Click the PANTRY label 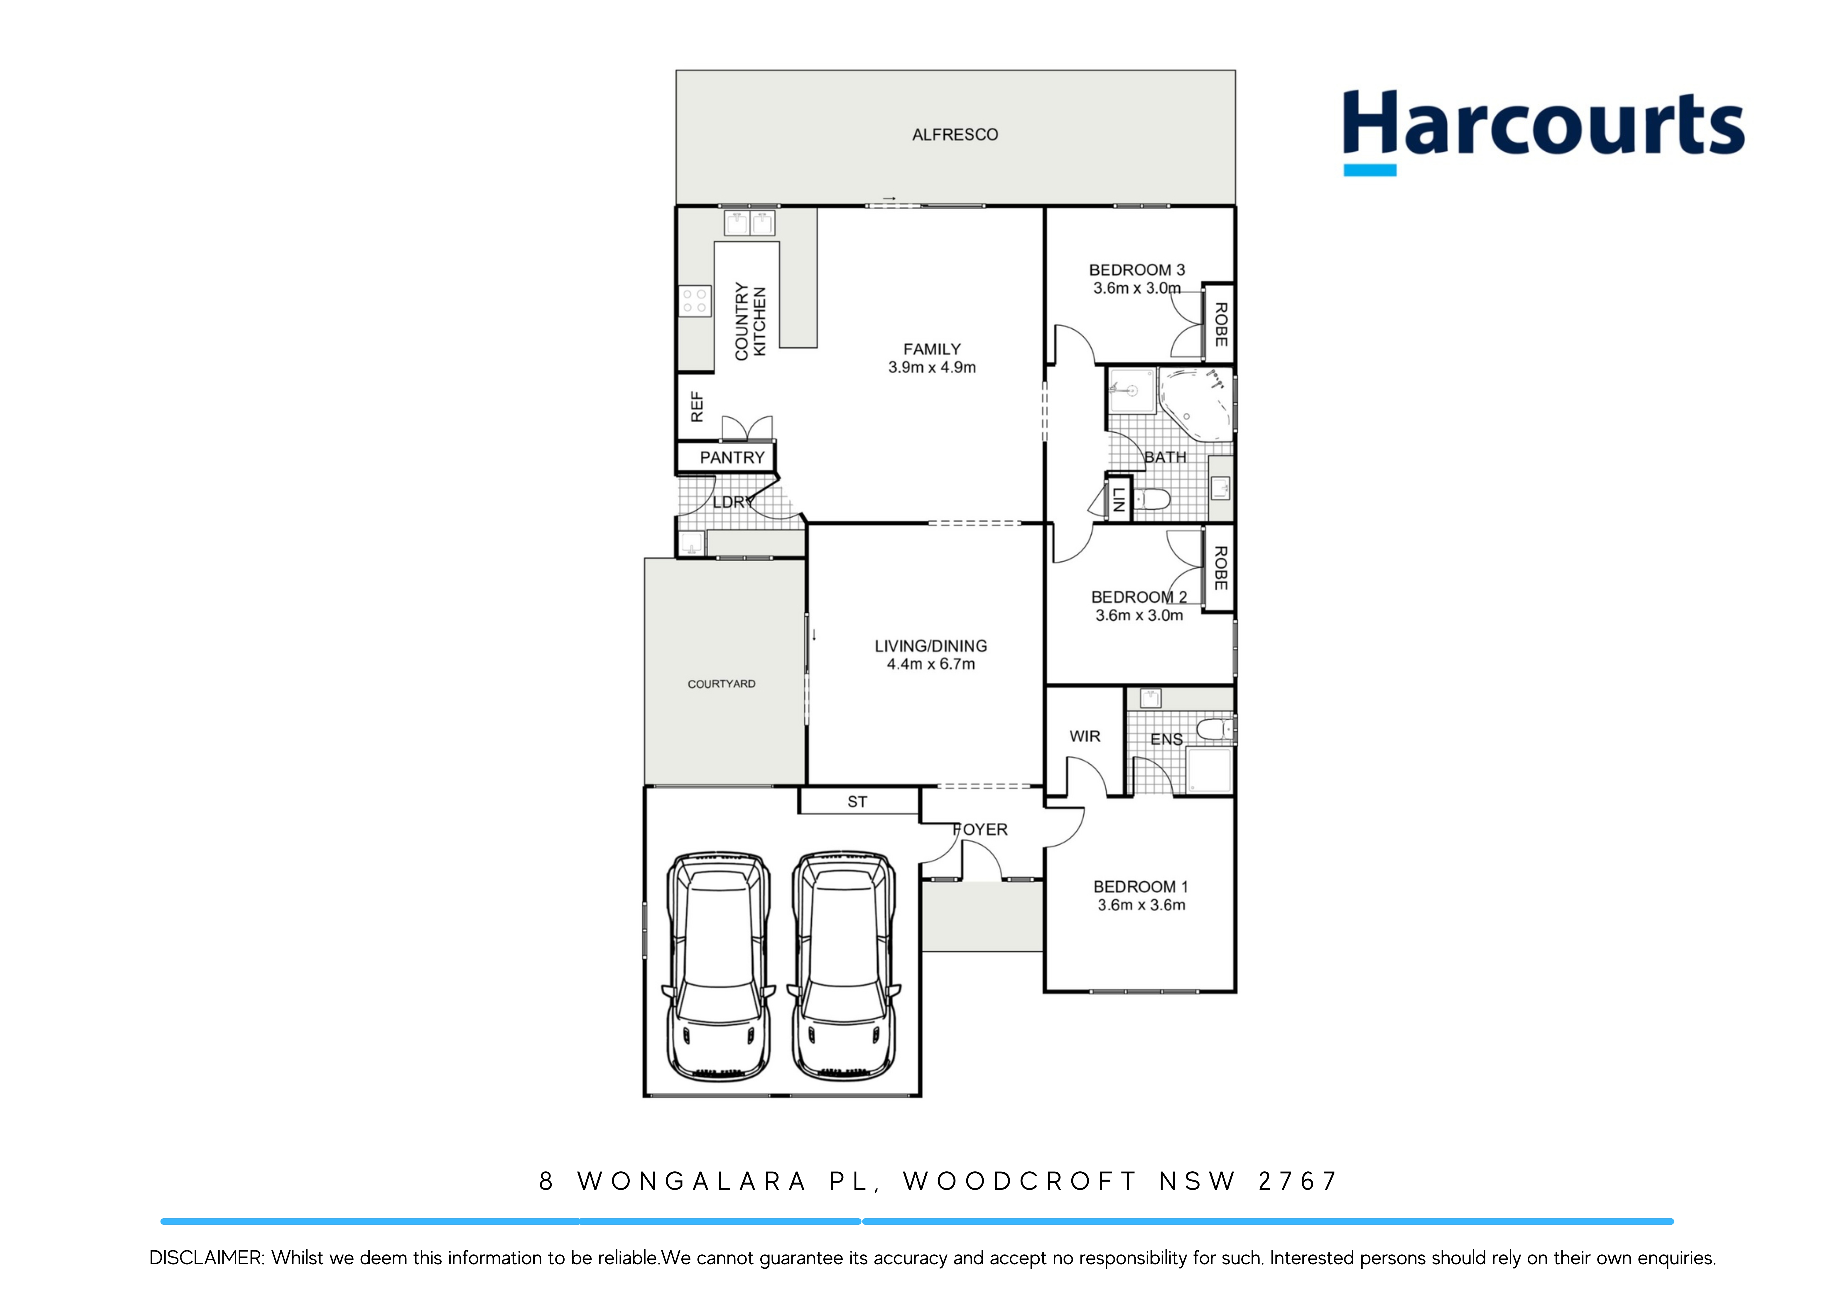coord(732,458)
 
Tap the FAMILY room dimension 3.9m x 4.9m coord(931,367)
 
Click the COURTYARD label coord(721,684)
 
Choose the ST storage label coord(857,802)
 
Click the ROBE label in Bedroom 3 coord(1220,324)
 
